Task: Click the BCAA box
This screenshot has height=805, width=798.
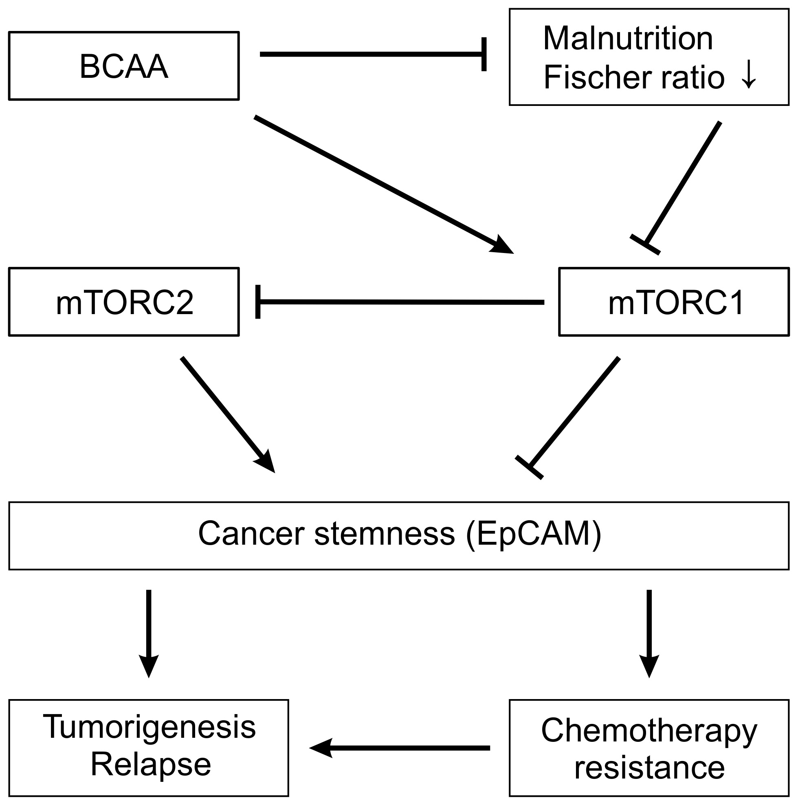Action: (x=124, y=66)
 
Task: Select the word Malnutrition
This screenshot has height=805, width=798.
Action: (x=628, y=38)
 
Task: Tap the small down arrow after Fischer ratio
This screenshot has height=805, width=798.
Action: (x=749, y=75)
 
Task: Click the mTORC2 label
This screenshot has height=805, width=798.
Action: (x=125, y=303)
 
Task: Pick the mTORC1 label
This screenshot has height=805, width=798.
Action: (x=676, y=303)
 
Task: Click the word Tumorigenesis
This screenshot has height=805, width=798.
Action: (x=149, y=727)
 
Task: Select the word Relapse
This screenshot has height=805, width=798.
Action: (x=150, y=765)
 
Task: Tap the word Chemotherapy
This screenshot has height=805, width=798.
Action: (x=649, y=731)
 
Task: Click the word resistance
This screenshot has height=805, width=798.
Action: (x=649, y=768)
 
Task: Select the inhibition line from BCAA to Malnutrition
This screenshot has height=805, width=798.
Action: (x=371, y=54)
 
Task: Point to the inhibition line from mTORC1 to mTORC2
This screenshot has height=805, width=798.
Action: (x=400, y=301)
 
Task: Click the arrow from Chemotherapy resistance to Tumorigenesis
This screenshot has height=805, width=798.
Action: (x=400, y=748)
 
